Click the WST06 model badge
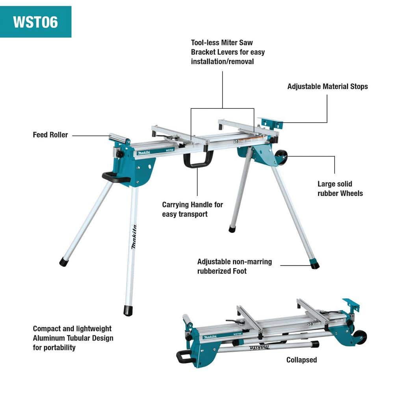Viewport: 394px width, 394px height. point(35,22)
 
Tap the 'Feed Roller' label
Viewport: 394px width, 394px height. point(50,135)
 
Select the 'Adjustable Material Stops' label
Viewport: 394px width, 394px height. point(327,86)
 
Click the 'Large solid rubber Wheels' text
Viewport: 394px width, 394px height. point(340,188)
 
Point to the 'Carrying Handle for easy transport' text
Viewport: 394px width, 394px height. point(192,209)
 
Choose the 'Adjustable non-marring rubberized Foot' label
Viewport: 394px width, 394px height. point(234,266)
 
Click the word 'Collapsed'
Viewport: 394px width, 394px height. point(301,360)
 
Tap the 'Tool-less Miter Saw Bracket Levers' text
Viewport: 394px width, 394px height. point(228,52)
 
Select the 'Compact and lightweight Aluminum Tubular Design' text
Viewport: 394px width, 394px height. point(73,338)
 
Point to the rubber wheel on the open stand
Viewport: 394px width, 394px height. point(281,157)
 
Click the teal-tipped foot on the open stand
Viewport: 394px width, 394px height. point(314,264)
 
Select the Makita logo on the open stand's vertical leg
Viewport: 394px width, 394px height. point(134,237)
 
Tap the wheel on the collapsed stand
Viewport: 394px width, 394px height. point(360,337)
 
